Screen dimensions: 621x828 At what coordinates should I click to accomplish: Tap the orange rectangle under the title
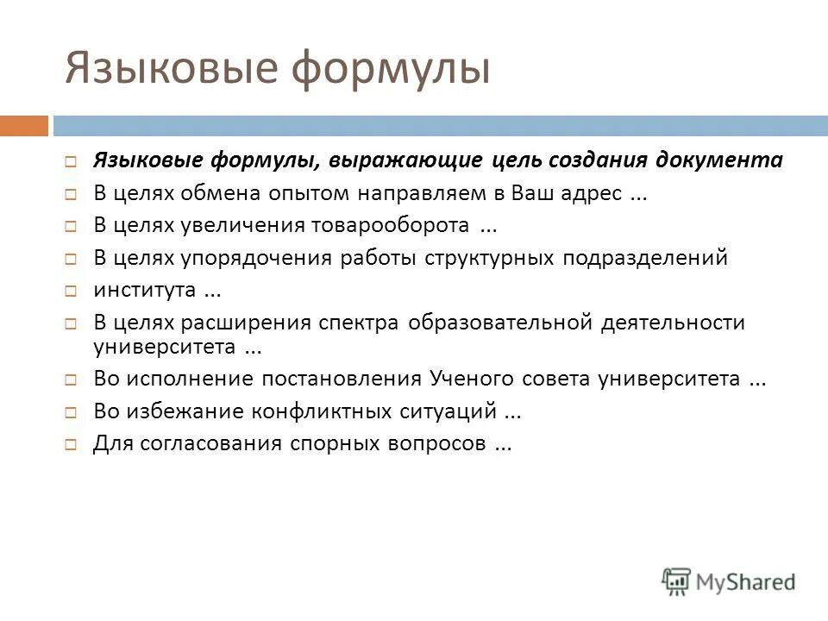click(x=23, y=126)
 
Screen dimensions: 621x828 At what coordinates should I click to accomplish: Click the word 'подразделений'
click(x=646, y=258)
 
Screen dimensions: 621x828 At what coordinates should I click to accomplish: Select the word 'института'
click(x=144, y=290)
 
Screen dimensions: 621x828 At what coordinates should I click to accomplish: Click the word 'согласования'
click(x=206, y=444)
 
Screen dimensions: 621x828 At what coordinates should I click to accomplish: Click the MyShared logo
click(x=729, y=581)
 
